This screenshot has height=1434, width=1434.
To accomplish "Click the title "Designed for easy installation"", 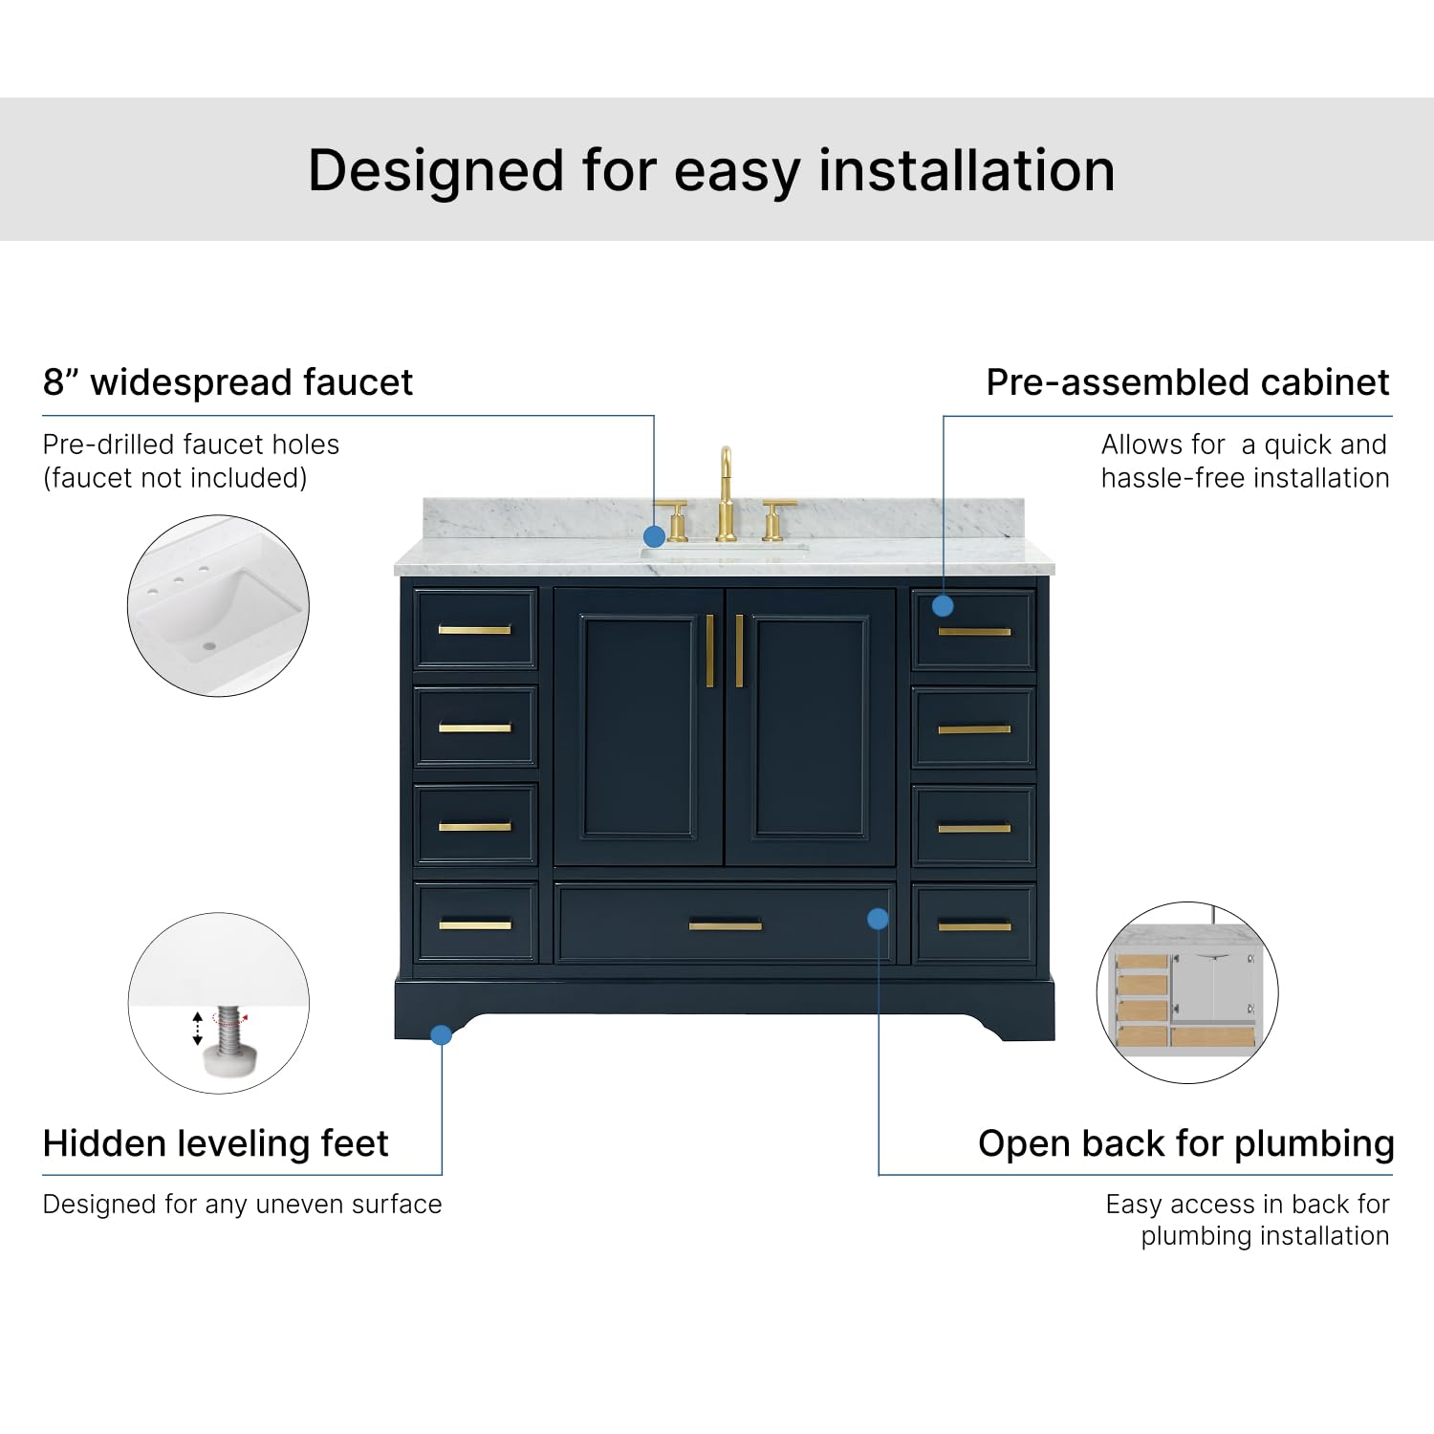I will tap(711, 171).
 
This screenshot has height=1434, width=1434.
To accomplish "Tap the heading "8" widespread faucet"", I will tap(228, 382).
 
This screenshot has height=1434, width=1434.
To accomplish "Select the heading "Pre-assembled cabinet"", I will tap(1187, 382).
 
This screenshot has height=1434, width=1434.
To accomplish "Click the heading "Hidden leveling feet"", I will tap(216, 1143).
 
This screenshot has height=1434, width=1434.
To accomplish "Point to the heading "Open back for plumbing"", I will tap(1185, 1143).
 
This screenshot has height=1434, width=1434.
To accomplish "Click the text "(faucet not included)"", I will tap(175, 478).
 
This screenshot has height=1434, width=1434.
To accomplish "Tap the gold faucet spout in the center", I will tap(726, 492).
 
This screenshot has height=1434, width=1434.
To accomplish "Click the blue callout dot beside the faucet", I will tap(654, 536).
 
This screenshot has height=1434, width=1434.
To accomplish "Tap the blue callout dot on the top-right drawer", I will tap(943, 605).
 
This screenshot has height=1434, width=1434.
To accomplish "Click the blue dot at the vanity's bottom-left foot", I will tap(441, 1034).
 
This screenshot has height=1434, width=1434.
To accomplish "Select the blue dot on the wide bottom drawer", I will tap(878, 919).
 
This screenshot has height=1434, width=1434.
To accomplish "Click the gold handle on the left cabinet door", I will tap(709, 651).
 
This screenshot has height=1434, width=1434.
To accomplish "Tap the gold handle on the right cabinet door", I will tap(739, 651).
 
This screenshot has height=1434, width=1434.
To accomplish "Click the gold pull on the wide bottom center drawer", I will tap(725, 924).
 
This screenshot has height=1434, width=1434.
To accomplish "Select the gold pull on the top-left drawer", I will tap(474, 629).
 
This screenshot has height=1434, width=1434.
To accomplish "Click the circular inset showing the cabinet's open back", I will tap(1186, 992).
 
